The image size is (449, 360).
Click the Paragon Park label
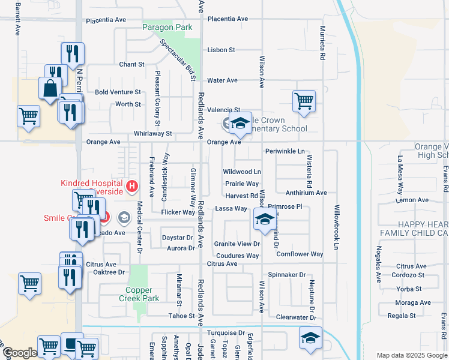(167, 28)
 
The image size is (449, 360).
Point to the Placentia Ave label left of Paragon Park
(106, 20)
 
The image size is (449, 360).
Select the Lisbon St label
(220, 50)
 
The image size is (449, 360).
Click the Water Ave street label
(222, 80)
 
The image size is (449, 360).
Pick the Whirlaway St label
(153, 133)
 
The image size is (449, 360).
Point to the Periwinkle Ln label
(285, 151)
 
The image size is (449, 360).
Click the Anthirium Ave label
(306, 193)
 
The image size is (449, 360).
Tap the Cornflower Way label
(300, 254)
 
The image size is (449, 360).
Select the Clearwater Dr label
(295, 317)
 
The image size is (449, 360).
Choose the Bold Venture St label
(118, 92)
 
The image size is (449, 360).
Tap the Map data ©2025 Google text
(411, 355)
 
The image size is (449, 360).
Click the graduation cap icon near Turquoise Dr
(310, 337)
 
